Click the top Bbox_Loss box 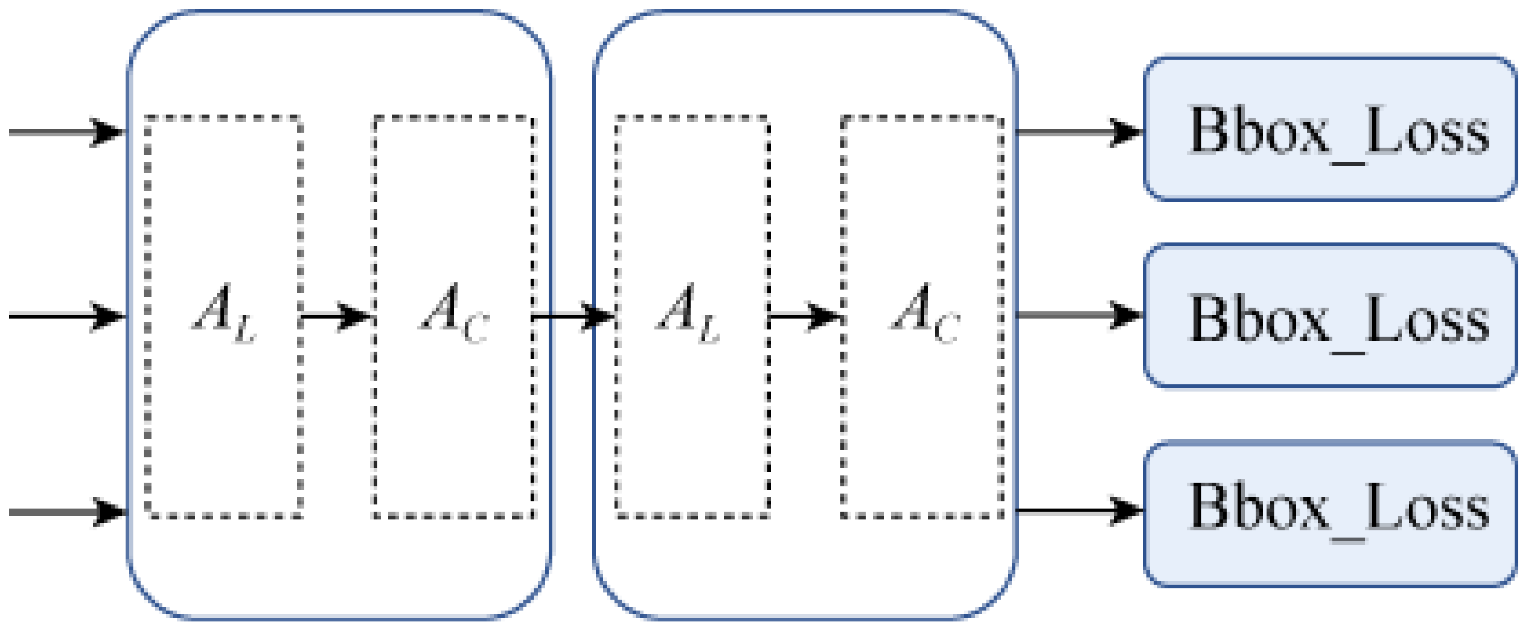coord(1329,129)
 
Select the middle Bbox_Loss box coord(1329,316)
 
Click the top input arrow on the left coord(65,132)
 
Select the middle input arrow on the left coord(65,316)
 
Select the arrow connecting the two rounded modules coord(572,316)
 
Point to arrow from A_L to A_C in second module coord(805,316)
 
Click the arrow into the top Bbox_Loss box coord(1079,132)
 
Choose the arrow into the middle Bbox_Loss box coord(1079,315)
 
